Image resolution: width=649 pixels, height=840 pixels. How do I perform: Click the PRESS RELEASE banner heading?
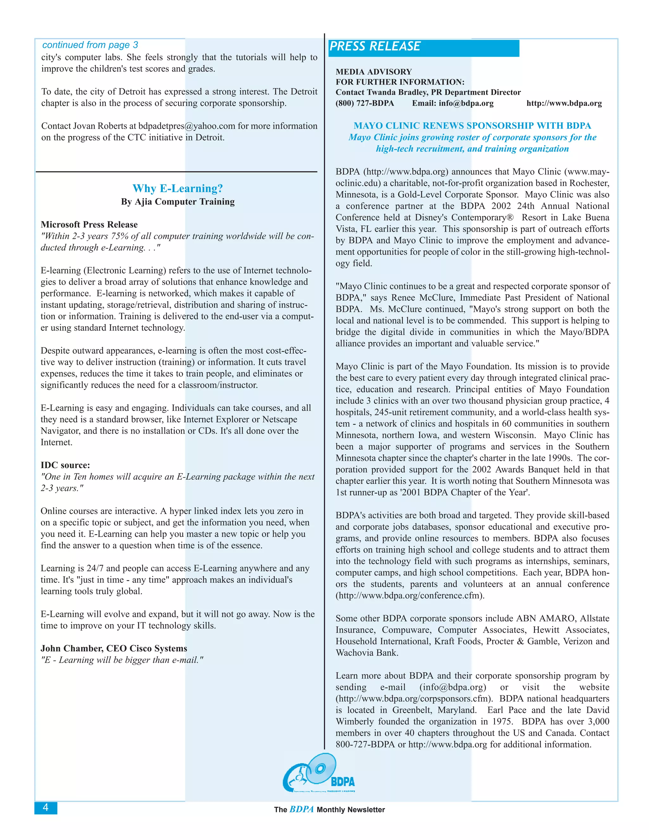pyautogui.click(x=375, y=47)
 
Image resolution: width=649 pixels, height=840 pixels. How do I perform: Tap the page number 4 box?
pyautogui.click(x=46, y=808)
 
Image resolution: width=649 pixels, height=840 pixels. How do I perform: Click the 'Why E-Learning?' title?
pyautogui.click(x=178, y=189)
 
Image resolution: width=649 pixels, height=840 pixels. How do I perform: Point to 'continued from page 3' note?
pyautogui.click(x=90, y=45)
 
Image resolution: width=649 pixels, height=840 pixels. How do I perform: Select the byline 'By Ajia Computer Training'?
pyautogui.click(x=178, y=202)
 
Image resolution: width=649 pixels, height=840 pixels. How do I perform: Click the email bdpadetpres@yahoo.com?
pyautogui.click(x=186, y=126)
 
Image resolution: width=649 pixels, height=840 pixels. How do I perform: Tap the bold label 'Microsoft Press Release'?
pyautogui.click(x=89, y=225)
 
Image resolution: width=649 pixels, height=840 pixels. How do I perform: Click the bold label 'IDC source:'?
pyautogui.click(x=65, y=465)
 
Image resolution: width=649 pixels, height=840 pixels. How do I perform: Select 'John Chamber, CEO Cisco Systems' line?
pyautogui.click(x=114, y=649)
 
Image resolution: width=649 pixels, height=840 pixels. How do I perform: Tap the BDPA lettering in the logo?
pyautogui.click(x=343, y=782)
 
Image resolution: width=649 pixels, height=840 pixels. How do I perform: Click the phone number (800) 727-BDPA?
pyautogui.click(x=364, y=103)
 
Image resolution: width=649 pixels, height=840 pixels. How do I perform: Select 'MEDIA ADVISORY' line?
pyautogui.click(x=373, y=72)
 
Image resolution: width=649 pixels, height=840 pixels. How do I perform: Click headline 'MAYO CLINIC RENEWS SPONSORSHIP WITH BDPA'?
pyautogui.click(x=472, y=126)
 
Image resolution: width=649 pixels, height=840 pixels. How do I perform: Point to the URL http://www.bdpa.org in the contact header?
pyautogui.click(x=564, y=103)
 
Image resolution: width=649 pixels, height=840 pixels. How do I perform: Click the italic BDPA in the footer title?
pyautogui.click(x=301, y=809)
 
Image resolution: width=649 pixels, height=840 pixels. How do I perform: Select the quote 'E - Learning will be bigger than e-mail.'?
pyautogui.click(x=122, y=660)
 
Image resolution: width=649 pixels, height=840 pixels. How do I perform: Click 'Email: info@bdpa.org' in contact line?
pyautogui.click(x=453, y=103)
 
